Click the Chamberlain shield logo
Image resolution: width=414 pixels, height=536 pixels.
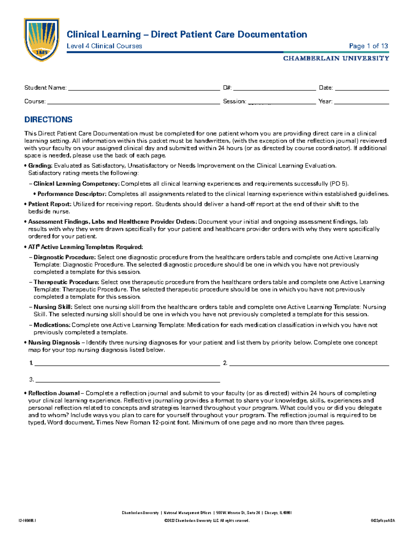(x=41, y=39)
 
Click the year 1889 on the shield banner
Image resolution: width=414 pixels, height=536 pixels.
(x=42, y=52)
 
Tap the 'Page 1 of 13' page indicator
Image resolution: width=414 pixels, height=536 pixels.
(x=368, y=46)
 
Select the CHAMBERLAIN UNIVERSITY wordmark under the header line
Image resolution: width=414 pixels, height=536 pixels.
(x=336, y=58)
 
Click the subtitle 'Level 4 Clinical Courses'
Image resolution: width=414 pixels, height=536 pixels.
(x=104, y=46)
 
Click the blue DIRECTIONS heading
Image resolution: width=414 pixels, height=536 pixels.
(x=48, y=119)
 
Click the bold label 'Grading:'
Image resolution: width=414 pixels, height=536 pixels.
(x=40, y=166)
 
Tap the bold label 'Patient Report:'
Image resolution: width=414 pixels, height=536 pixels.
(x=50, y=204)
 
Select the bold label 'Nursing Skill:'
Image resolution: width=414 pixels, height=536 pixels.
(x=53, y=307)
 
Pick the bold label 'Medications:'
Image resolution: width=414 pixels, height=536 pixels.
(x=52, y=325)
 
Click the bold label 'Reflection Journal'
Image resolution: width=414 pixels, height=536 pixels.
(x=54, y=393)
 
